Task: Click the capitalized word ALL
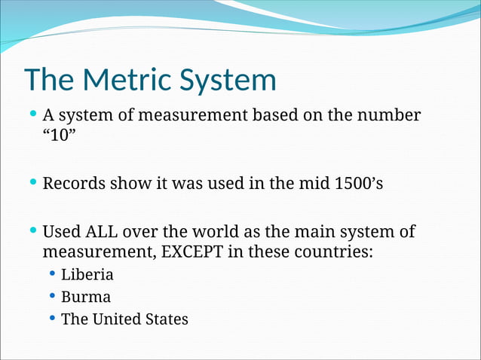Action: (111, 231)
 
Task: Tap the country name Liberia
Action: (87, 274)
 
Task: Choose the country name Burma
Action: (86, 297)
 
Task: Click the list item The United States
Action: (124, 319)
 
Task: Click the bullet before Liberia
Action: (52, 274)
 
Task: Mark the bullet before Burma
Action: (52, 296)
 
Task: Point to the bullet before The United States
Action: (52, 319)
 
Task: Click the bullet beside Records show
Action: (32, 183)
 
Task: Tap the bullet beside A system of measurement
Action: (32, 116)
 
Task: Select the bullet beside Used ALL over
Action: (32, 230)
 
